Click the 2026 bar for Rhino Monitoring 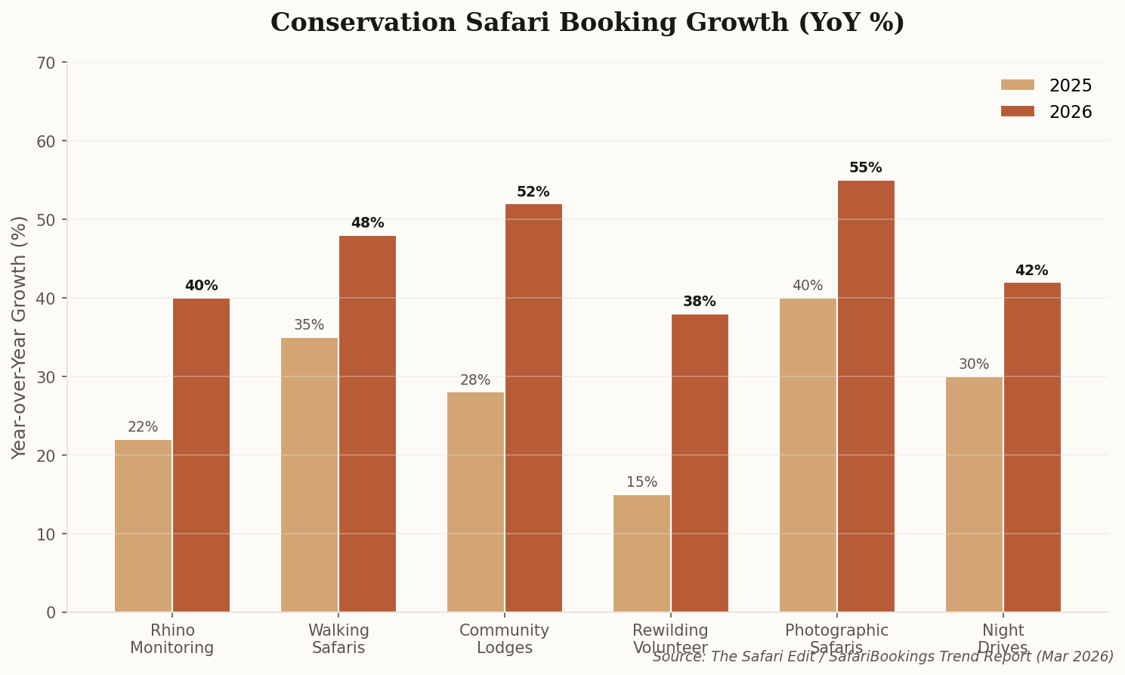[x=201, y=455]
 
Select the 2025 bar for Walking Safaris [x=309, y=475]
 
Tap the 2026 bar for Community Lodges [x=533, y=408]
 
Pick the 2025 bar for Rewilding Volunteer [x=641, y=553]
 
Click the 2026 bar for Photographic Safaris [x=866, y=396]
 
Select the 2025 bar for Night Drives [x=974, y=494]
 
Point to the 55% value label [x=865, y=168]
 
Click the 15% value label [x=641, y=482]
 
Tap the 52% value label [x=533, y=192]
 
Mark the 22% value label [x=143, y=427]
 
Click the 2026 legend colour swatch [x=1017, y=112]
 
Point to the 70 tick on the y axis [x=46, y=63]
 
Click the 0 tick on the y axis [x=51, y=612]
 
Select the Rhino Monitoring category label [x=172, y=639]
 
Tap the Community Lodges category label [x=504, y=639]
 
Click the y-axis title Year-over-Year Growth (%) [x=20, y=337]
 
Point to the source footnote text [x=882, y=657]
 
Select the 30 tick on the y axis [x=46, y=376]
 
